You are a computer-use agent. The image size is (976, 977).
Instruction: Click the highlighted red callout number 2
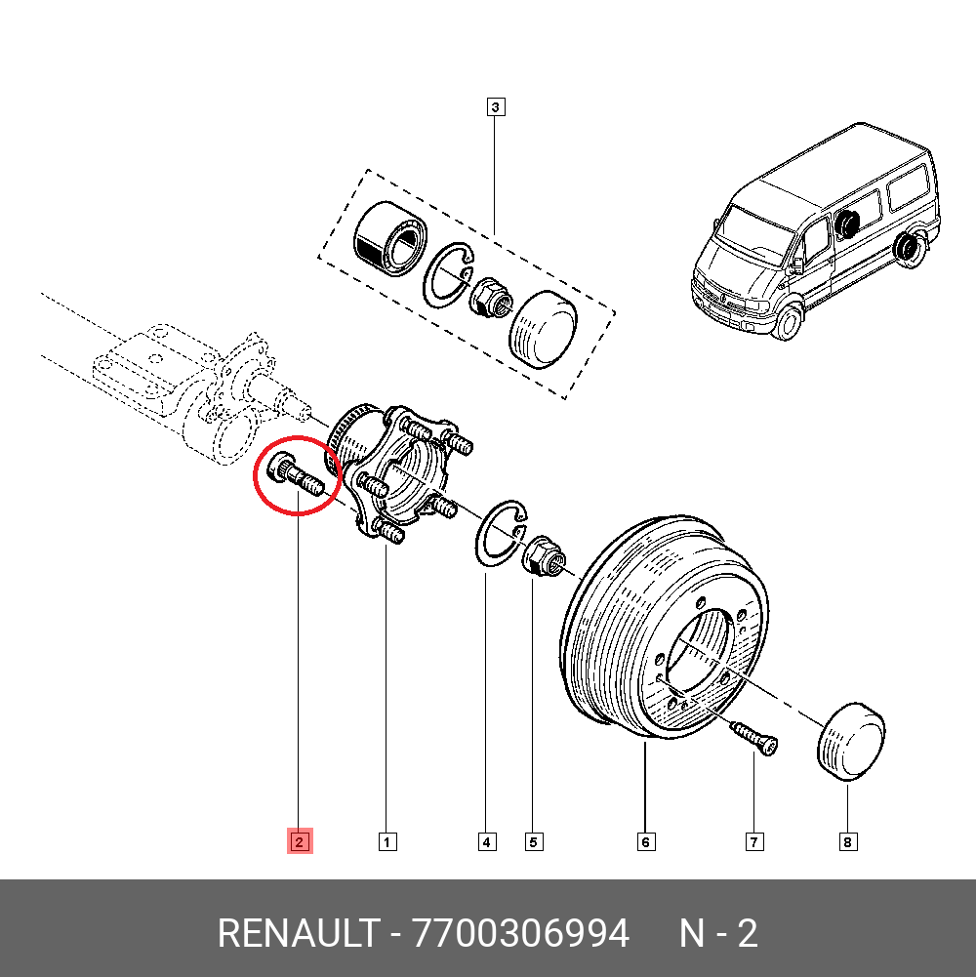click(x=299, y=841)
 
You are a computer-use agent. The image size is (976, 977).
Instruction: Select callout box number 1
click(x=386, y=841)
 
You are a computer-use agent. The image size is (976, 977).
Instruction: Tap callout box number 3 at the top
click(x=495, y=106)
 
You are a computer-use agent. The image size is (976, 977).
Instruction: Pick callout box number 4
click(x=486, y=841)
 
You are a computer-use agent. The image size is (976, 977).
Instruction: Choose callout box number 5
click(x=533, y=841)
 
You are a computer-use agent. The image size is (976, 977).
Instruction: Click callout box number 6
click(x=646, y=841)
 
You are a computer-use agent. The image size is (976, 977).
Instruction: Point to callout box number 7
click(x=753, y=841)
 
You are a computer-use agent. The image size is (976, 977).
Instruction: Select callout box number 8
click(x=847, y=841)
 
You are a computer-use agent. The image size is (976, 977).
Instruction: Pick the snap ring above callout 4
click(x=500, y=534)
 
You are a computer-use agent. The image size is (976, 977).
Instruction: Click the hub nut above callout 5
click(x=542, y=559)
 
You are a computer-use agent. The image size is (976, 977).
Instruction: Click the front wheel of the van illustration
click(x=788, y=320)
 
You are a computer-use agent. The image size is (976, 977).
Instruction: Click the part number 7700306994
click(x=521, y=934)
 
